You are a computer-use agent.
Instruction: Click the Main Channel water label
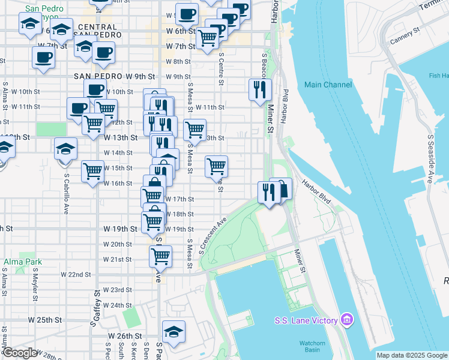(x=328, y=85)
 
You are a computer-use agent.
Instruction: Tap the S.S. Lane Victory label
(x=305, y=320)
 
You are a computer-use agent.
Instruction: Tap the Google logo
(x=19, y=353)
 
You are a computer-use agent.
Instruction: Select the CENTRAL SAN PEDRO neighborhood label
(x=97, y=32)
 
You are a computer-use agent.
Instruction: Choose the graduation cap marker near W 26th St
(x=173, y=332)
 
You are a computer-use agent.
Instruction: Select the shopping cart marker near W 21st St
(x=160, y=256)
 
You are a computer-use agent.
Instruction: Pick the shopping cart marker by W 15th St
(x=93, y=171)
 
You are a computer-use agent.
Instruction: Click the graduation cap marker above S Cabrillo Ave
(x=65, y=149)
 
